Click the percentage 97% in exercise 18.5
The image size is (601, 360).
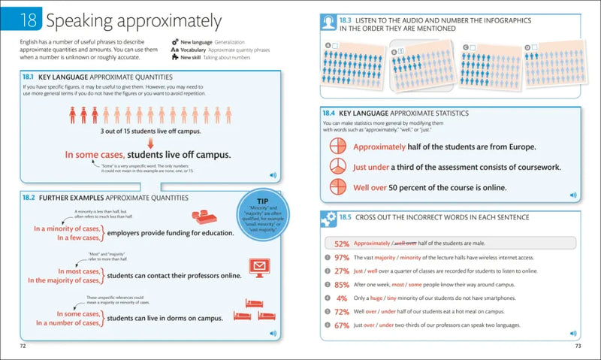pos(342,257)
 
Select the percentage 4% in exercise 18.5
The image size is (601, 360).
pos(344,298)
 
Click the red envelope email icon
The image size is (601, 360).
pos(260,268)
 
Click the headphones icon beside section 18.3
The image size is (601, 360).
pos(328,23)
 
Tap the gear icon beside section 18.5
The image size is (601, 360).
pos(328,219)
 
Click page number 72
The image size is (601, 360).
pos(23,345)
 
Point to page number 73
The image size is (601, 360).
pos(578,345)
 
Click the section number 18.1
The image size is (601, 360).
pos(29,77)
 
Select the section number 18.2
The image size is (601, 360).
pos(29,198)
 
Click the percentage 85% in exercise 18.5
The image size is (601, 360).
pos(342,284)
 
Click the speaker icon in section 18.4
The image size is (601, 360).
pos(573,195)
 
